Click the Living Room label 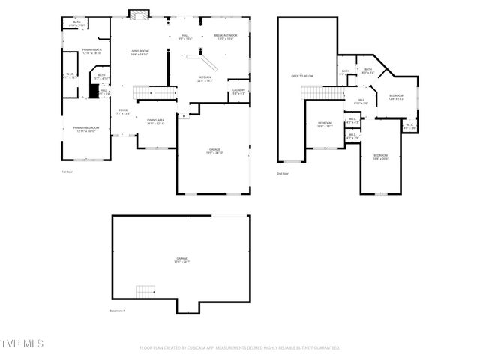tap(139, 52)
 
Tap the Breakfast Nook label tap(226, 37)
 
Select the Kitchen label tap(205, 79)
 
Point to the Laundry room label tap(238, 91)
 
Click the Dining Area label tap(155, 121)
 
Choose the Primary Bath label tap(92, 52)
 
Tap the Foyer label tap(123, 112)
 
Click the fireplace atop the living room tap(136, 13)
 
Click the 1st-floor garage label tap(214, 151)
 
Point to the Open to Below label tap(302, 76)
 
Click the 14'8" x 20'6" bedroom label tap(381, 157)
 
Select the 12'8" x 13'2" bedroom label tap(397, 97)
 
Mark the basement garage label tap(181, 259)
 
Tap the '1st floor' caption tap(67, 172)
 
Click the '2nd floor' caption tap(283, 174)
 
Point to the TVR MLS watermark tap(22, 343)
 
